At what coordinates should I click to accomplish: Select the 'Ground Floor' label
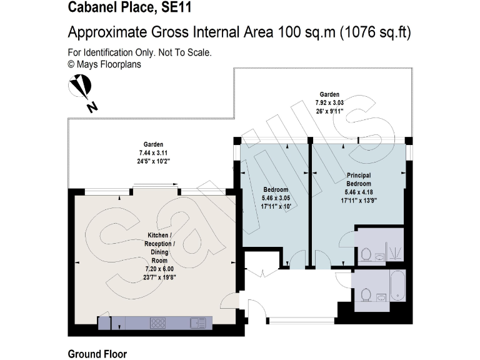(x=97, y=354)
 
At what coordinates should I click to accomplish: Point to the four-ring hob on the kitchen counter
(x=158, y=323)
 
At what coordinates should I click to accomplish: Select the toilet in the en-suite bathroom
(x=367, y=254)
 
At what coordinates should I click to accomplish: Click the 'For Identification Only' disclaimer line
(x=139, y=52)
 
